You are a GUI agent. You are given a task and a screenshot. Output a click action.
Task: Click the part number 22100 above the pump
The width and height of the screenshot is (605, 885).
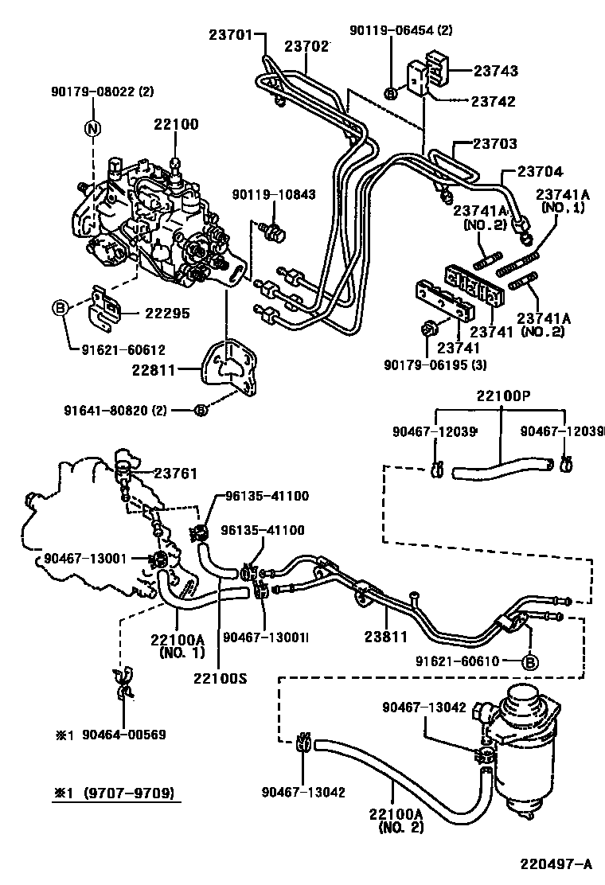176,124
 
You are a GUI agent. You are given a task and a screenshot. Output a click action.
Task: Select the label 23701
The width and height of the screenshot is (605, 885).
231,34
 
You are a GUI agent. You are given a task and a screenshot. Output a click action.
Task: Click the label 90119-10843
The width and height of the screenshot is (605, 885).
274,194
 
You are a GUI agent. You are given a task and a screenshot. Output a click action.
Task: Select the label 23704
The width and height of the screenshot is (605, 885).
541,170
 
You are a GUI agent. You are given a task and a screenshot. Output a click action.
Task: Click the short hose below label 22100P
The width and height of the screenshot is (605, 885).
502,467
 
